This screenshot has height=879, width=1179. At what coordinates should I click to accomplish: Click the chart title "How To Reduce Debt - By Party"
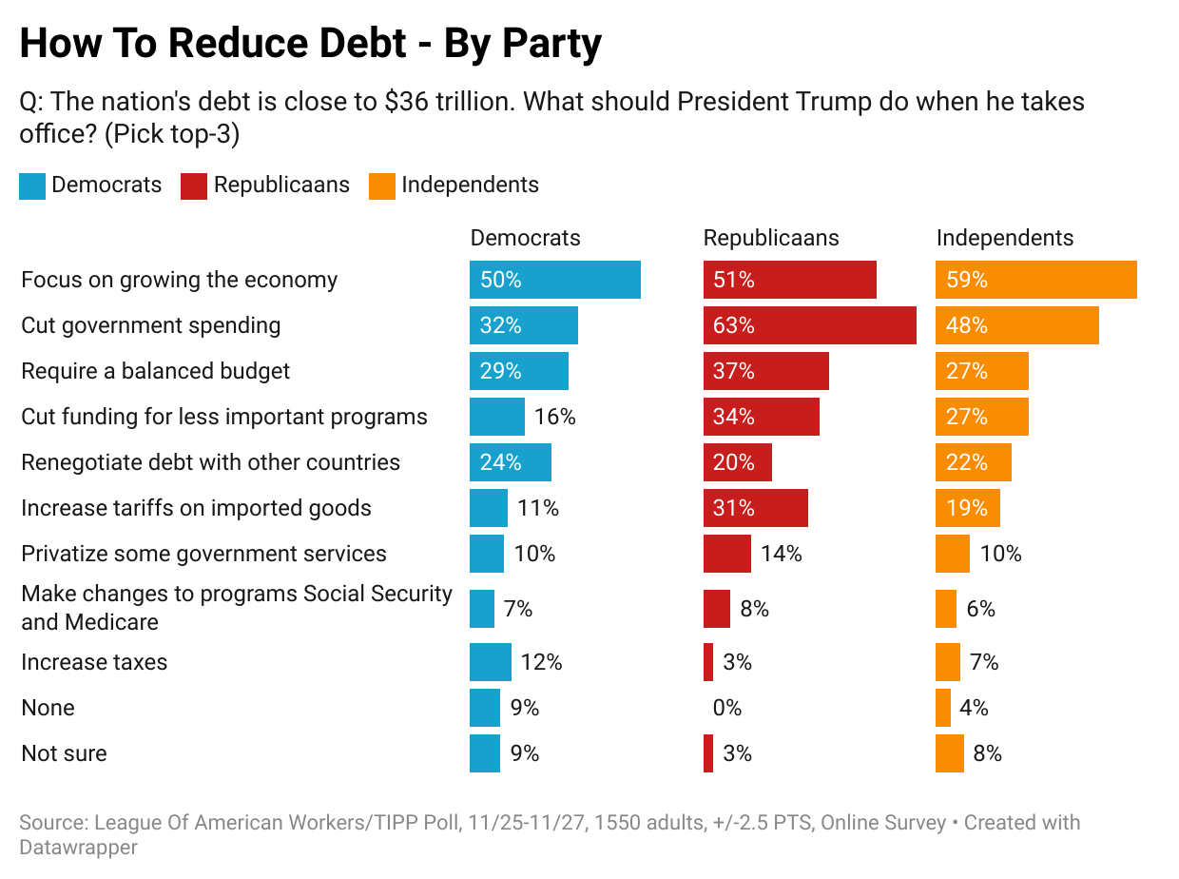(310, 44)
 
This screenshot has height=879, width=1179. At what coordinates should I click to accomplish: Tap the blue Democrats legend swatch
(32, 186)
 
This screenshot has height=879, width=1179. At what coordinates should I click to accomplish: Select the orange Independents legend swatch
(382, 186)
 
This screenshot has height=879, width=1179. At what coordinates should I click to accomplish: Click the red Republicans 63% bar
(809, 325)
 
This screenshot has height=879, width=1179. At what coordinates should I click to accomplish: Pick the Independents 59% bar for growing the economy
(1036, 280)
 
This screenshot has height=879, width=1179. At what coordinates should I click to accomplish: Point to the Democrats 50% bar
(554, 280)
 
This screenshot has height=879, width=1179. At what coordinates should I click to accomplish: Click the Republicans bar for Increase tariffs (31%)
(756, 508)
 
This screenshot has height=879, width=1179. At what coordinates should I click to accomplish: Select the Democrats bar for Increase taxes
(491, 662)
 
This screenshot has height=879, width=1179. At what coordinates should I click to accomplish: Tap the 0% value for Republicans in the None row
(726, 708)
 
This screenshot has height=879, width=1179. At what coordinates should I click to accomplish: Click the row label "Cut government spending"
(151, 325)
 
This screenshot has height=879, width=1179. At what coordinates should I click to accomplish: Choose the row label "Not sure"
(64, 753)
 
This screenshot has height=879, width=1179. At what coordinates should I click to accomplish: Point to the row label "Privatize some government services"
(203, 554)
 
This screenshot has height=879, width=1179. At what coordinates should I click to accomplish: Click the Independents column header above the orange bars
(1004, 238)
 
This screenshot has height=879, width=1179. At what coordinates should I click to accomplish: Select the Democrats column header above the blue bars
(525, 238)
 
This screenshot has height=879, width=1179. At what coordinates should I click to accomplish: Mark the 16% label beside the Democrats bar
(555, 417)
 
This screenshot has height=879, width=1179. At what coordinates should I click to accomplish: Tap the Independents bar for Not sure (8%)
(949, 753)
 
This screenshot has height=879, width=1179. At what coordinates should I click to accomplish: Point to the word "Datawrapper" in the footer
(78, 847)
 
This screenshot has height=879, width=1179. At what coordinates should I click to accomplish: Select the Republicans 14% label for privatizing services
(782, 554)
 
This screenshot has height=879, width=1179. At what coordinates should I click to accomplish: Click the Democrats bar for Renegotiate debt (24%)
(511, 462)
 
